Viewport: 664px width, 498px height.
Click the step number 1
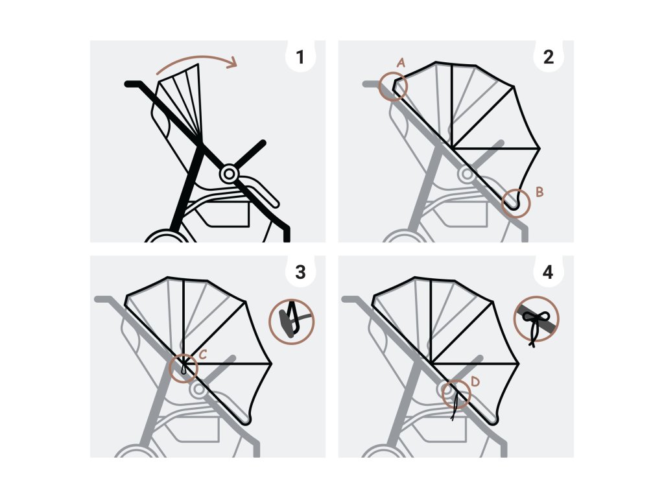coord(299,58)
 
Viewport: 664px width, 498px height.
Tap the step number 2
coord(548,58)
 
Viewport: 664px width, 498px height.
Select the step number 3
coord(299,272)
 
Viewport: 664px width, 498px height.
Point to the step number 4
coord(548,272)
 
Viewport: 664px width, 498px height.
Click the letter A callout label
coord(401,63)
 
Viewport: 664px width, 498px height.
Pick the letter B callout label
coord(539,191)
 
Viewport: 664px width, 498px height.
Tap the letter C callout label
coord(202,355)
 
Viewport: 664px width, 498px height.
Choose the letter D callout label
coord(475,383)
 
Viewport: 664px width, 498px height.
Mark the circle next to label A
coord(393,86)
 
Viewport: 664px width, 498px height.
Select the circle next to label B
coord(516,202)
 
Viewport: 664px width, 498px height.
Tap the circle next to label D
coord(457,393)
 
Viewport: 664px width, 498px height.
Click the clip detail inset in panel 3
coord(292,321)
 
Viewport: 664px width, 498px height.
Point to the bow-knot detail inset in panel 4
coord(537,319)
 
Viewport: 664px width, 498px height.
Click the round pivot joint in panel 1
coord(229,174)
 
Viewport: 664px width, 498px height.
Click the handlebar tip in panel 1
coord(130,84)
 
